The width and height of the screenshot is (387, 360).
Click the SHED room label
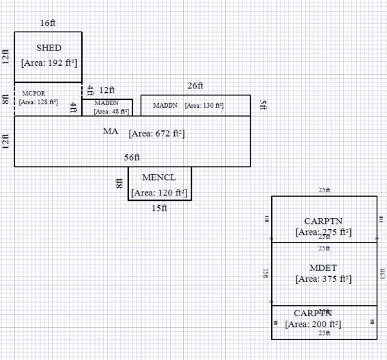click(x=48, y=48)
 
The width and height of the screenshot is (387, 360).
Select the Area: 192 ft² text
click(x=48, y=63)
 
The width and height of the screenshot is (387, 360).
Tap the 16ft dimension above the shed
click(x=48, y=23)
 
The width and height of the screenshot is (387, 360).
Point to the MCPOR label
click(x=34, y=94)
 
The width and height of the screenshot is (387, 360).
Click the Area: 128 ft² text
click(x=39, y=102)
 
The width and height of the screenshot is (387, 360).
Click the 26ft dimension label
click(x=195, y=86)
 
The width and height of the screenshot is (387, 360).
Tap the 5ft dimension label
click(x=262, y=105)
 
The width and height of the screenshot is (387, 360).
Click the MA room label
click(x=110, y=132)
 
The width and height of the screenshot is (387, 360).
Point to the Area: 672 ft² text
click(x=157, y=134)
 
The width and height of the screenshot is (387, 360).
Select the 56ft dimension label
click(x=132, y=157)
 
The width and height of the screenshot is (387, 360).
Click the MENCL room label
click(x=159, y=177)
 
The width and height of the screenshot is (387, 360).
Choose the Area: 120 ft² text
click(x=160, y=192)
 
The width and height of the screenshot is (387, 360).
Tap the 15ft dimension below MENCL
click(x=159, y=208)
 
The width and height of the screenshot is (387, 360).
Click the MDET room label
click(x=324, y=267)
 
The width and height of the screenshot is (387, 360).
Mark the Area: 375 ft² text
click(x=323, y=279)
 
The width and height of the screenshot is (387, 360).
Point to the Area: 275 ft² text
click(x=323, y=232)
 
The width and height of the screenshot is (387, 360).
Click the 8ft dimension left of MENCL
click(x=119, y=183)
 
